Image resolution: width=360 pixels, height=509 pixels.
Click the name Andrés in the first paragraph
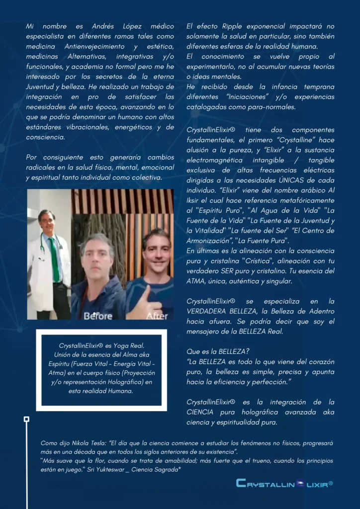(x=103, y=26)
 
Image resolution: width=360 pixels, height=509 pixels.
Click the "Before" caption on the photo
(x=98, y=315)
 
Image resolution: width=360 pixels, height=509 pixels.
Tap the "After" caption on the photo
(x=157, y=315)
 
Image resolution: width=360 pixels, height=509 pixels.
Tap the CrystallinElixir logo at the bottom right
(x=284, y=483)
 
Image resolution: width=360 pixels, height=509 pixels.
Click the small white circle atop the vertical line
(x=26, y=419)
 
